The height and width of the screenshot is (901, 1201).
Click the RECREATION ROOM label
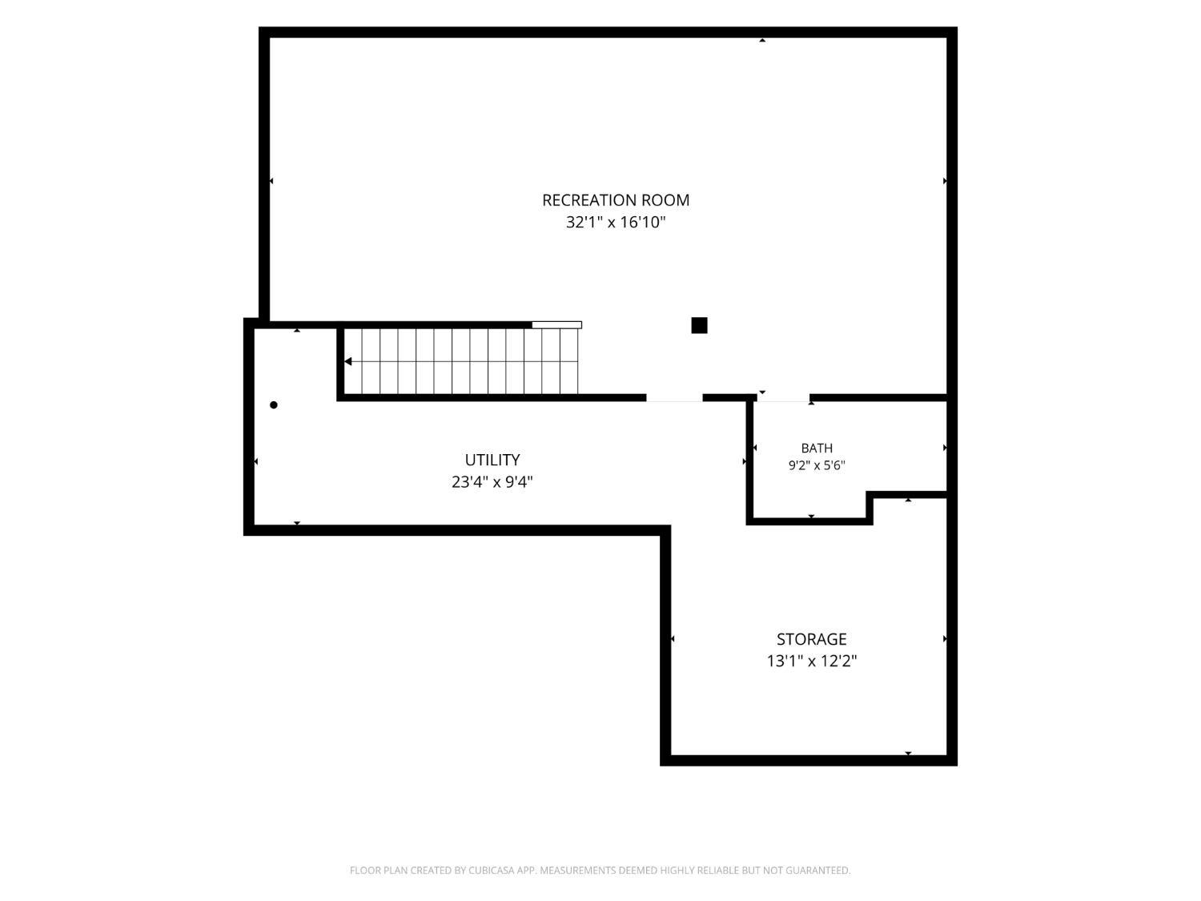(616, 200)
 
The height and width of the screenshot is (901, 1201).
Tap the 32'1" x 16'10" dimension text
(616, 223)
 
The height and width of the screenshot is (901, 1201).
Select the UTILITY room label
(492, 460)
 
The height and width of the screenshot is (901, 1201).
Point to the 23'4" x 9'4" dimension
(492, 482)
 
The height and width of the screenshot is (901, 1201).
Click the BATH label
(817, 448)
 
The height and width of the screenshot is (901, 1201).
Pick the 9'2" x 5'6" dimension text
(817, 465)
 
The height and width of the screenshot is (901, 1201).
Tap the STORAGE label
(811, 639)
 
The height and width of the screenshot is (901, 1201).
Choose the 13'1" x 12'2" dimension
(811, 662)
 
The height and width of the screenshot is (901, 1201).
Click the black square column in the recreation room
(699, 325)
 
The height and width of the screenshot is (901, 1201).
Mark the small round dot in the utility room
(274, 404)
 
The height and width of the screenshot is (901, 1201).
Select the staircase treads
(460, 361)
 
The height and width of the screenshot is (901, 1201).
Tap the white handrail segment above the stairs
(557, 325)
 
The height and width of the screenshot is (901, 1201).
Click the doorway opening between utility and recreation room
(675, 398)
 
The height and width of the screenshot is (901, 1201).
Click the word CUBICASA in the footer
(492, 871)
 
